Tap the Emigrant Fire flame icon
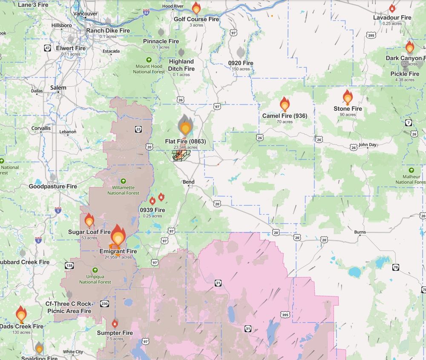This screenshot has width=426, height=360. pyautogui.click(x=118, y=237)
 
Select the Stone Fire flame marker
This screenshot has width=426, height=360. pyautogui.click(x=348, y=98)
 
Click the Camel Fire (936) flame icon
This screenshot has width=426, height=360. pyautogui.click(x=285, y=104)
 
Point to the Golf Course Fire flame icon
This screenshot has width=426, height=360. pyautogui.click(x=196, y=8)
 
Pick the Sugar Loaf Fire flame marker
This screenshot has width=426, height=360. pyautogui.click(x=89, y=220)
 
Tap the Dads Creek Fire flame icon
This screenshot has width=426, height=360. pyautogui.click(x=21, y=314)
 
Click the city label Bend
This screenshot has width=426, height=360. pyautogui.click(x=188, y=182)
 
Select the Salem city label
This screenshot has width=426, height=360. pyautogui.click(x=58, y=88)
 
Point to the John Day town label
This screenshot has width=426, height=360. pyautogui.click(x=367, y=145)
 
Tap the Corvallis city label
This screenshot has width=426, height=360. pyautogui.click(x=41, y=128)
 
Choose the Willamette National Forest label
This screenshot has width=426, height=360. pyautogui.click(x=123, y=190)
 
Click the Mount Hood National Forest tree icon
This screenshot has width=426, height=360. pyautogui.click(x=149, y=60)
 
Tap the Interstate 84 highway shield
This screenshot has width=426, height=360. pyautogui.click(x=147, y=13)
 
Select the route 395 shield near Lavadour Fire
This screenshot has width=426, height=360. pyautogui.click(x=371, y=35)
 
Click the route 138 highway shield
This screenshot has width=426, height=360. pyautogui.click(x=69, y=265)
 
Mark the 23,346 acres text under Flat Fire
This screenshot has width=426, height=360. pyautogui.click(x=185, y=147)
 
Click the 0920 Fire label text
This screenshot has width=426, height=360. pyautogui.click(x=241, y=63)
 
